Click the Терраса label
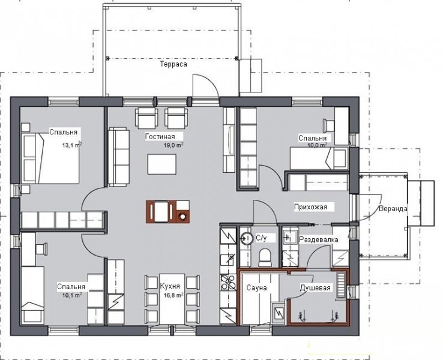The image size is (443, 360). click(173, 64)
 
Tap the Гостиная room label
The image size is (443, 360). click(160, 137)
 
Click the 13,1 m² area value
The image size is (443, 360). click(72, 145)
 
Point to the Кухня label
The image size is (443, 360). click(170, 286)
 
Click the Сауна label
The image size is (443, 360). click(256, 288)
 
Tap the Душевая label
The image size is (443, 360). click(315, 288)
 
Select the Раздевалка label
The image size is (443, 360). click(319, 240)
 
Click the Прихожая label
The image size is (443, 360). click(310, 207)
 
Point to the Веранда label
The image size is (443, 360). click(393, 209)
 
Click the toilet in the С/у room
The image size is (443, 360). click(265, 257)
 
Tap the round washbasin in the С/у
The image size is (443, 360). click(247, 238)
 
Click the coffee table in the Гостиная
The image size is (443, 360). click(161, 164)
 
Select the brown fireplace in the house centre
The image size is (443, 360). click(168, 212)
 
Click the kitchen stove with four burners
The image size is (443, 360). click(228, 283)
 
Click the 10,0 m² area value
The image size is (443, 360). click(317, 145)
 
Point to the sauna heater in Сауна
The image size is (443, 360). click(279, 313)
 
